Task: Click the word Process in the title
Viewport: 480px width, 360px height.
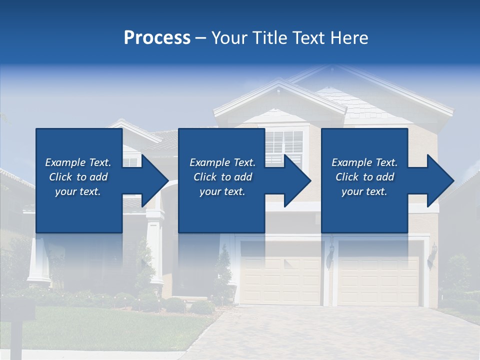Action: click(x=157, y=38)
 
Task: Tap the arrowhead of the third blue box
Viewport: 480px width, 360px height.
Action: click(x=440, y=180)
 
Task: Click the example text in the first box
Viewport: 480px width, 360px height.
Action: click(x=78, y=177)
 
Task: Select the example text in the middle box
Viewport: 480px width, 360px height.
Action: click(x=222, y=177)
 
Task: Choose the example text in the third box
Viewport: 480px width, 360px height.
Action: click(x=364, y=177)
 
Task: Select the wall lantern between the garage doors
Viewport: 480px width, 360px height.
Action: click(x=330, y=252)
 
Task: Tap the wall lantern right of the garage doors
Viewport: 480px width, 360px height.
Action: click(x=433, y=252)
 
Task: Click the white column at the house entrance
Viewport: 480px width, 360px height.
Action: click(x=155, y=250)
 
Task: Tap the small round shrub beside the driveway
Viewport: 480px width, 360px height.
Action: click(x=202, y=306)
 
